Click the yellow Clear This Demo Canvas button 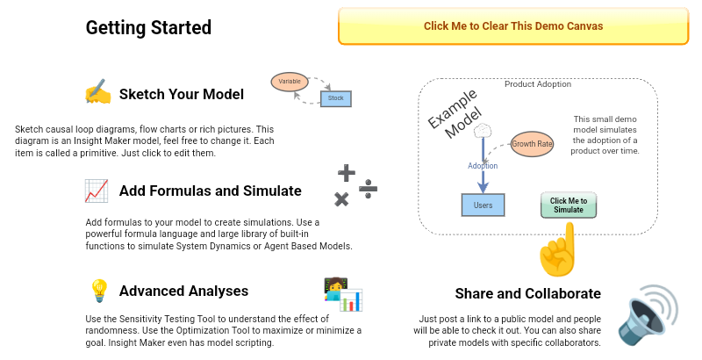click(x=513, y=26)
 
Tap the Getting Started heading click(x=148, y=27)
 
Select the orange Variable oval click(x=290, y=81)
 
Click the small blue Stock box click(x=336, y=98)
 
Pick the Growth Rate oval click(x=532, y=143)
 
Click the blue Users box click(x=483, y=205)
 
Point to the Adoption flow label click(x=483, y=166)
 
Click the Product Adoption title click(x=538, y=84)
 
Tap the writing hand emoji click(x=97, y=93)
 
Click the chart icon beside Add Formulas click(x=97, y=191)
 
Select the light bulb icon click(x=98, y=291)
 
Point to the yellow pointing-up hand click(x=559, y=250)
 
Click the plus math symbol click(x=347, y=172)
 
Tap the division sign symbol click(x=369, y=188)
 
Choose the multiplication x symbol click(x=341, y=199)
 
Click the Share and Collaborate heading click(x=527, y=293)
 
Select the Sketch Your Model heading click(x=181, y=94)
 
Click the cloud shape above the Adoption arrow click(x=483, y=132)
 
